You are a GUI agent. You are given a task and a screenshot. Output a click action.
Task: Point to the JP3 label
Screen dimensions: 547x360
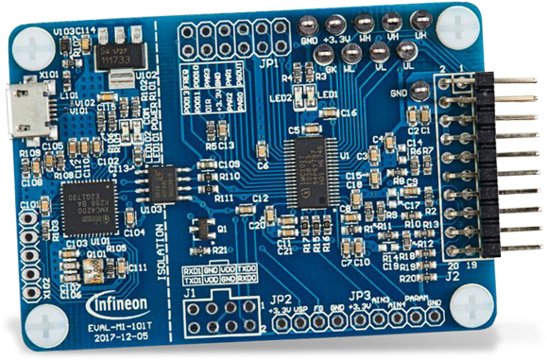point(360,294)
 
